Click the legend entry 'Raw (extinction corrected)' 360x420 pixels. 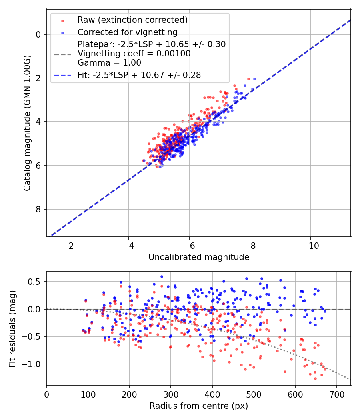coord(132,20)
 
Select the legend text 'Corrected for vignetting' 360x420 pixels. coord(128,32)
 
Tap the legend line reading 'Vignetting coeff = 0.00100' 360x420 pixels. coord(134,54)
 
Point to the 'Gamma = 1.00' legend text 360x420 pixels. coord(109,63)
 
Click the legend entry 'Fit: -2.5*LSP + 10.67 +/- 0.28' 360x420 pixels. coord(139,75)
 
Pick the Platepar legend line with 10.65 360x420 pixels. coord(152,44)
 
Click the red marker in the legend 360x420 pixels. coord(63,21)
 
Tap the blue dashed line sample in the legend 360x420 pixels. coord(63,76)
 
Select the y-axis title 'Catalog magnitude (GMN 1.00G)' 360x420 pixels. coord(27,123)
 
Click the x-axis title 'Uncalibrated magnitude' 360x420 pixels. coord(199,257)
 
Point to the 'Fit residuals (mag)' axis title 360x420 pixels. coord(12,329)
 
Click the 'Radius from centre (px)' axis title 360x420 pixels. coord(199,406)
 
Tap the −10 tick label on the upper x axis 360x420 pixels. coord(311,246)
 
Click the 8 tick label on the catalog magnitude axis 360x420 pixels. coord(38,210)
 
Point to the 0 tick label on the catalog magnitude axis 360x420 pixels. coord(38,34)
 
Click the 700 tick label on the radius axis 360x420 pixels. coord(337,394)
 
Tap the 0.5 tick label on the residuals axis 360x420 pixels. coord(34,282)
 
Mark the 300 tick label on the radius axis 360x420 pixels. coord(171,394)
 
